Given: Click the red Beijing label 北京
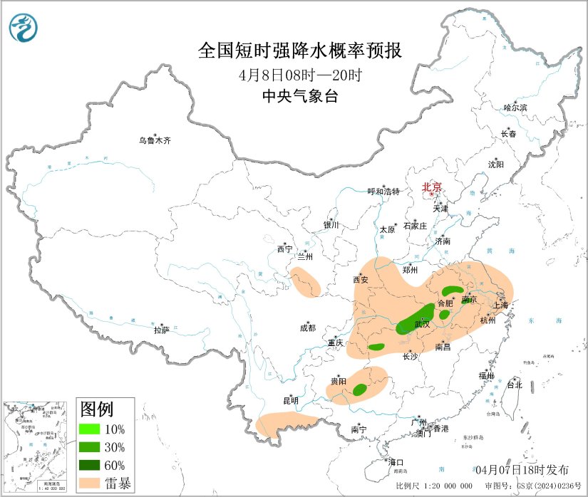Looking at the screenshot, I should click(x=432, y=187).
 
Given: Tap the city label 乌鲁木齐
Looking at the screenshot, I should click(x=155, y=141).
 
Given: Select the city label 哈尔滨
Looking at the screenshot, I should click(x=515, y=108).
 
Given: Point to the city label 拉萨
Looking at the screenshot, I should click(x=162, y=330).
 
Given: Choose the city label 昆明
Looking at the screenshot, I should click(x=289, y=400).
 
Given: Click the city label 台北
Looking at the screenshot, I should click(x=514, y=384).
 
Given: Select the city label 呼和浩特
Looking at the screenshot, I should click(x=383, y=192).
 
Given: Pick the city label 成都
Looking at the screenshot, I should click(x=308, y=328).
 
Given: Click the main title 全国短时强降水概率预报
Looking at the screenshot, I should click(x=299, y=51).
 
